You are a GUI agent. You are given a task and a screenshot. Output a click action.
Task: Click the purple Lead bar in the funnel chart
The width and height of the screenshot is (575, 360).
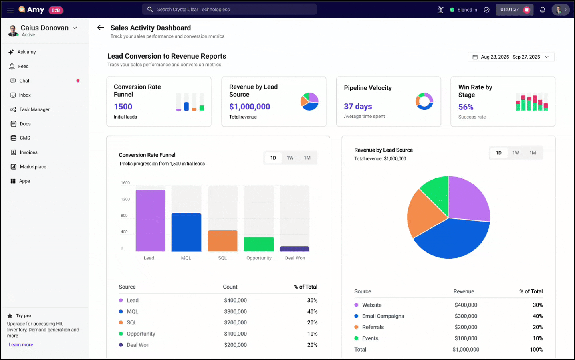pyautogui.click(x=150, y=221)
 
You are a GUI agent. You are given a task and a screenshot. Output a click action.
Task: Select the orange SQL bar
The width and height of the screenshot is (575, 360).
pyautogui.click(x=222, y=241)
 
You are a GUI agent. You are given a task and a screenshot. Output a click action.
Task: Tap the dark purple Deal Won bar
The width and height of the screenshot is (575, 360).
pyautogui.click(x=294, y=249)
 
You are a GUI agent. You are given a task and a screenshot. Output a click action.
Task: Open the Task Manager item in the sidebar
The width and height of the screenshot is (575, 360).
pyautogui.click(x=34, y=109)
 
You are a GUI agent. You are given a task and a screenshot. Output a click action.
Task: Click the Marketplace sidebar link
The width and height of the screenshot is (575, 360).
pyautogui.click(x=33, y=167)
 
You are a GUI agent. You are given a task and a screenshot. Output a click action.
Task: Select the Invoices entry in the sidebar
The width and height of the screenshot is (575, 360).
pyautogui.click(x=28, y=152)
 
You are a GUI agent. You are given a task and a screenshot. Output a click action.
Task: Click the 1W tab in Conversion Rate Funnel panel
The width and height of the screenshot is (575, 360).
pyautogui.click(x=290, y=158)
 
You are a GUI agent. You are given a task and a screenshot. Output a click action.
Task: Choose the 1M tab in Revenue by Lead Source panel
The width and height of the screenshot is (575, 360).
pyautogui.click(x=533, y=153)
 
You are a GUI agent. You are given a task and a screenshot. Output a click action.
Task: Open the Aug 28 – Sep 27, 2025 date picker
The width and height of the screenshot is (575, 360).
pyautogui.click(x=511, y=57)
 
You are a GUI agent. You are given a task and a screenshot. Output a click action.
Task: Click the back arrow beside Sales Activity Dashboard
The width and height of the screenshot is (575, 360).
pyautogui.click(x=101, y=28)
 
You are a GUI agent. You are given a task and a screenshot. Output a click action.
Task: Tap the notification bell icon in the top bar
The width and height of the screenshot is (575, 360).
pyautogui.click(x=542, y=10)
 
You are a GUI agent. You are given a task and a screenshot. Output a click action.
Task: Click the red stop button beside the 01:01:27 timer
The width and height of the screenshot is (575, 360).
pyautogui.click(x=527, y=10)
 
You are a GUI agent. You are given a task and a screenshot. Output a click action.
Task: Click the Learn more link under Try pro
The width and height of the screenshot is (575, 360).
pyautogui.click(x=21, y=345)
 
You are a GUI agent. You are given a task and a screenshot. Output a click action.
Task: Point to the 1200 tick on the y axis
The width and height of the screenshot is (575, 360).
pyautogui.click(x=125, y=199)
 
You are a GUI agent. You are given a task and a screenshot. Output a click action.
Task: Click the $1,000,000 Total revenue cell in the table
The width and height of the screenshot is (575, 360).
pyautogui.click(x=466, y=350)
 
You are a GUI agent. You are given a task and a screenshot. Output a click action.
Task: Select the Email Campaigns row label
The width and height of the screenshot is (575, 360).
pyautogui.click(x=383, y=316)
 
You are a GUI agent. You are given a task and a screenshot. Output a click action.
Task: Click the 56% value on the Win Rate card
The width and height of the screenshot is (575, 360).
pyautogui.click(x=466, y=107)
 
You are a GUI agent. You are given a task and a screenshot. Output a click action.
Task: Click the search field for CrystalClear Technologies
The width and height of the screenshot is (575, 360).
pyautogui.click(x=230, y=10)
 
